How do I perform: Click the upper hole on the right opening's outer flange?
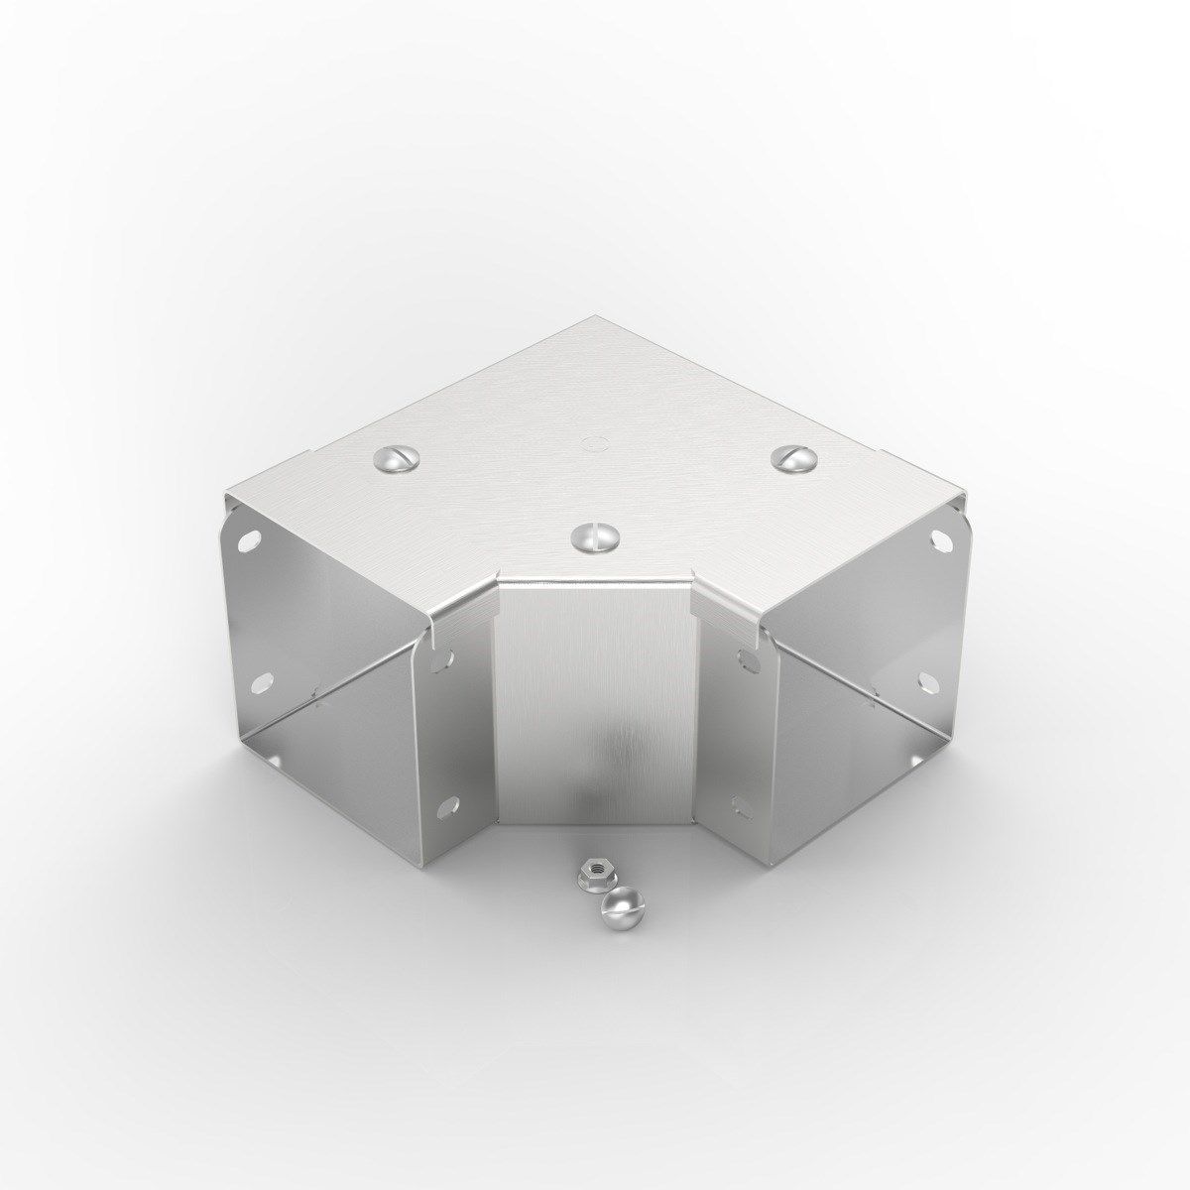pyautogui.click(x=938, y=540)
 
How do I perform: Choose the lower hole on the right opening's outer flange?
pyautogui.click(x=925, y=680)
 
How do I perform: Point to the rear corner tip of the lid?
pyautogui.click(x=593, y=318)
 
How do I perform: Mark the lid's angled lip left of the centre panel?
pyautogui.click(x=466, y=605)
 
